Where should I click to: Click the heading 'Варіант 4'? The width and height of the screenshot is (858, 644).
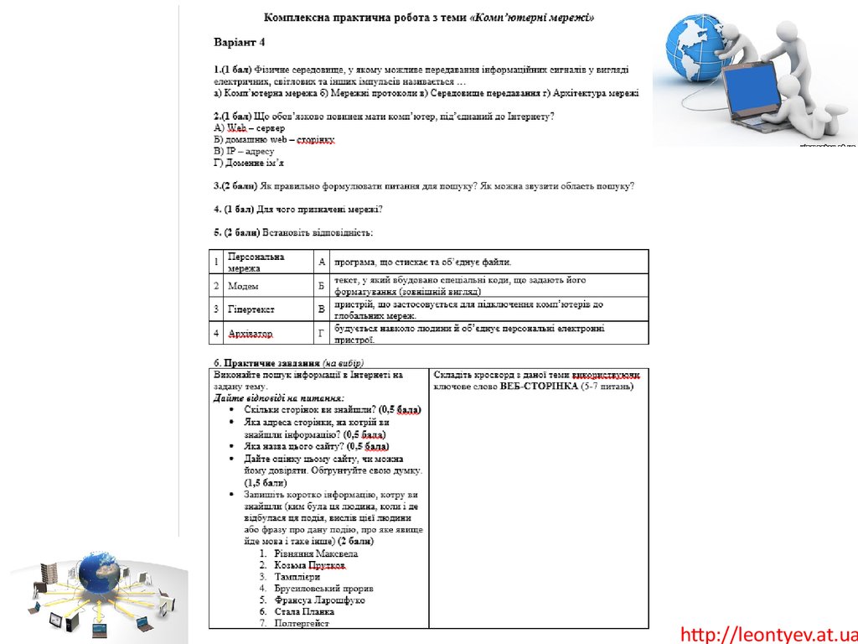point(239,41)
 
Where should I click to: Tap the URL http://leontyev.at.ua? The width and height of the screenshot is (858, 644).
point(768,634)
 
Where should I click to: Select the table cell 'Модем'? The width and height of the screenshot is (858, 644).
point(244,286)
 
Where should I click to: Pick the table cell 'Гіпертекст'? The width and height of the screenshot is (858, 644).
point(252,309)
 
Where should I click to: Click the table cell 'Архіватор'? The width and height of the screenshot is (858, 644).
point(251,334)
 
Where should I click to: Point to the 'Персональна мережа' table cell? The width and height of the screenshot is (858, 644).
point(256,262)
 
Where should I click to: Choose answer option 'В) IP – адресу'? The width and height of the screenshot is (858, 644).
point(244,151)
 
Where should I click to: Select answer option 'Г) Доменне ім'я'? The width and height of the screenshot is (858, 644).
point(249,163)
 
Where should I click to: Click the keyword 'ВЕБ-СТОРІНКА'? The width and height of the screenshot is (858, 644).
point(539,386)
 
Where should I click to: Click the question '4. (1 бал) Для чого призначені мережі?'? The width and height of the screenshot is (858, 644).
point(297,208)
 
